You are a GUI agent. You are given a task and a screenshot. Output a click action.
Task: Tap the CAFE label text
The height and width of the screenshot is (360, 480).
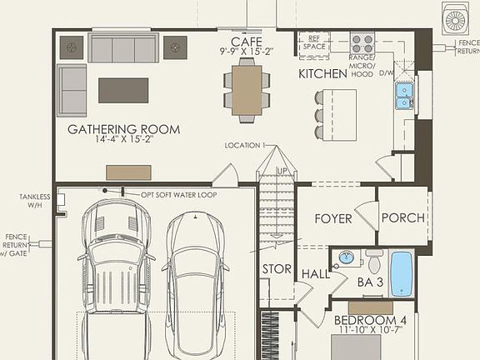tap(246, 42)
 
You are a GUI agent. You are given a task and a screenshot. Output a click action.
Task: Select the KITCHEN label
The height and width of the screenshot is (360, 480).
tap(322, 74)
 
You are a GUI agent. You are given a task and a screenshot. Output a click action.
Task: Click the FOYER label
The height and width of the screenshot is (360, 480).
tap(332, 218)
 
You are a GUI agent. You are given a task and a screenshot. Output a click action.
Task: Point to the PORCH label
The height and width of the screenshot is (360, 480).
tap(403, 218)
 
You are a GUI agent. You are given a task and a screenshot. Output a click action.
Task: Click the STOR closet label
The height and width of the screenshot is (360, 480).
tap(276, 269)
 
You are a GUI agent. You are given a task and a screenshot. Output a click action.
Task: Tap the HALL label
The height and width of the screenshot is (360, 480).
tap(315, 273)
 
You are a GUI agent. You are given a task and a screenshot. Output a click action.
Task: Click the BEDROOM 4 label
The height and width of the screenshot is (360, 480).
tap(370, 320)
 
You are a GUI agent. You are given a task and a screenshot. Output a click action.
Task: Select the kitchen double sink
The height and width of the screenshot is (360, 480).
tap(404, 96)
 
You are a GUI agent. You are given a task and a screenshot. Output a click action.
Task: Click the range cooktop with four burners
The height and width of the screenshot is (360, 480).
tap(362, 42)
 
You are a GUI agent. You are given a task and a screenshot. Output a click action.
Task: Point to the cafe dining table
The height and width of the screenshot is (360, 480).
tap(247, 87)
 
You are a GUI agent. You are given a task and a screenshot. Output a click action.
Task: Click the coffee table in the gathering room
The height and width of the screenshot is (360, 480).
tap(123, 90)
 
